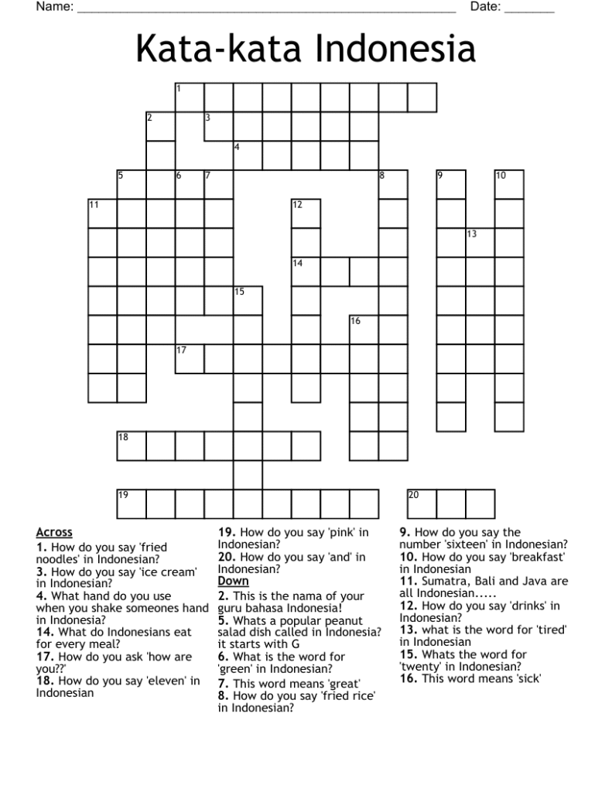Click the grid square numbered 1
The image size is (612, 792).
tap(190, 98)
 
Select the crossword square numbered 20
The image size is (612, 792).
tap(422, 504)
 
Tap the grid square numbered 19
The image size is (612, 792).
tap(132, 504)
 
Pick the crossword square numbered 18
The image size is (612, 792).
tap(132, 446)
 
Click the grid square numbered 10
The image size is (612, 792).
tap(509, 185)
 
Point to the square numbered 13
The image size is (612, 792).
tap(480, 243)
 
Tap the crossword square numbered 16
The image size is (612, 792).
tap(364, 330)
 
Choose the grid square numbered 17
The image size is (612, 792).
tap(190, 359)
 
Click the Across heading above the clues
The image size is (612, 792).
tap(54, 532)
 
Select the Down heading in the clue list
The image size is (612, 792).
tap(234, 581)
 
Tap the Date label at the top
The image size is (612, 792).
tap(485, 7)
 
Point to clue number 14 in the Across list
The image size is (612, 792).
tap(43, 632)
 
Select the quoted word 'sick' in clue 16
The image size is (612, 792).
tap(525, 679)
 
